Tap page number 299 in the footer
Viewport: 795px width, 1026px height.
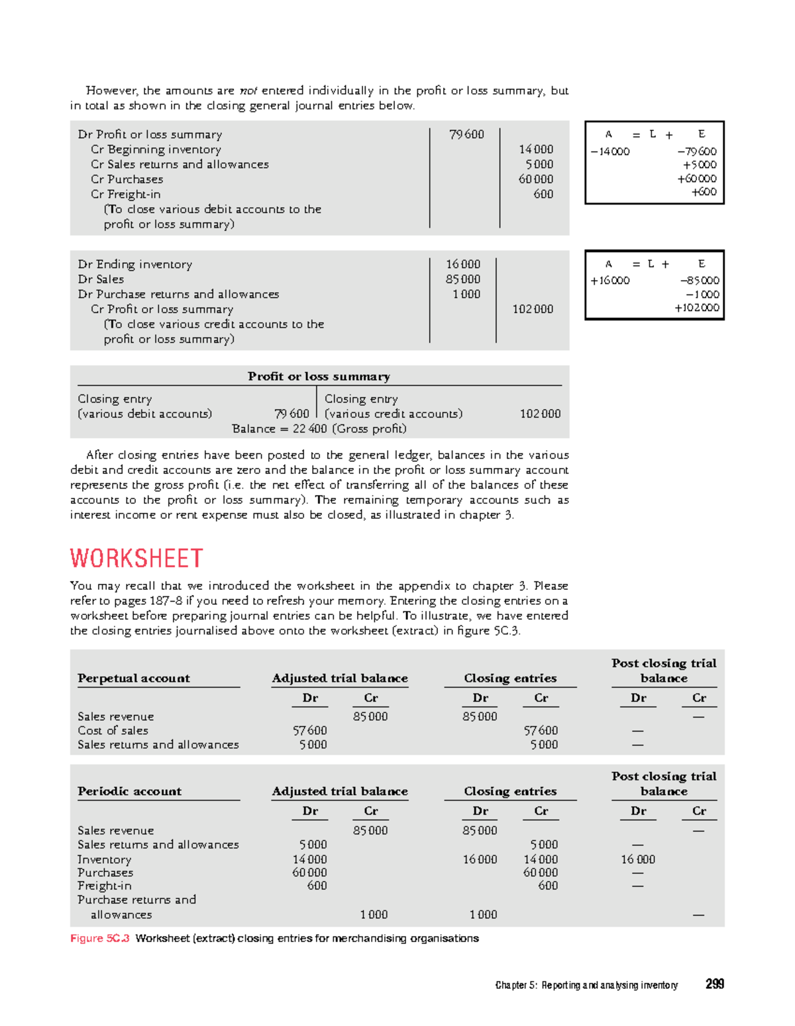click(714, 984)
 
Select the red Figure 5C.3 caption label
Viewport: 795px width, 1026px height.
click(100, 938)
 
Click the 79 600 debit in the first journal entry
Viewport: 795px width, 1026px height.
click(466, 134)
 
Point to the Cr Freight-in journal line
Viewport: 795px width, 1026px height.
click(125, 194)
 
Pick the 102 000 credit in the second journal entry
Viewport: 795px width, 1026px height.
click(533, 309)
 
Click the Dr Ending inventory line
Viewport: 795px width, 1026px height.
click(134, 264)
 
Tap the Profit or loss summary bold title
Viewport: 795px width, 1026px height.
click(319, 376)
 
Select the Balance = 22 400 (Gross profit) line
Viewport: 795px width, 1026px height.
click(319, 429)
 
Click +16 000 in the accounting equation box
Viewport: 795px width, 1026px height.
click(609, 281)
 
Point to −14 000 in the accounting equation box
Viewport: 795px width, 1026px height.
click(609, 152)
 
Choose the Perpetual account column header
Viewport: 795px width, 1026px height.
click(133, 678)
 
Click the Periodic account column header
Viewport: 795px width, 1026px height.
click(129, 791)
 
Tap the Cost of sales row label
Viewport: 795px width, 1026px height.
click(113, 730)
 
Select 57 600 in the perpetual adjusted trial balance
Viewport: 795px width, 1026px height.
click(309, 730)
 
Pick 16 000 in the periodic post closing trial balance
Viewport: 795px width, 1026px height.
click(637, 859)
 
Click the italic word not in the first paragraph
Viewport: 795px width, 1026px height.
click(248, 91)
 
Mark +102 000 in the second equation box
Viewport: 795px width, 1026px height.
click(696, 308)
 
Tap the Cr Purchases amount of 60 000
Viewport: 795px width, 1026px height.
click(535, 179)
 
